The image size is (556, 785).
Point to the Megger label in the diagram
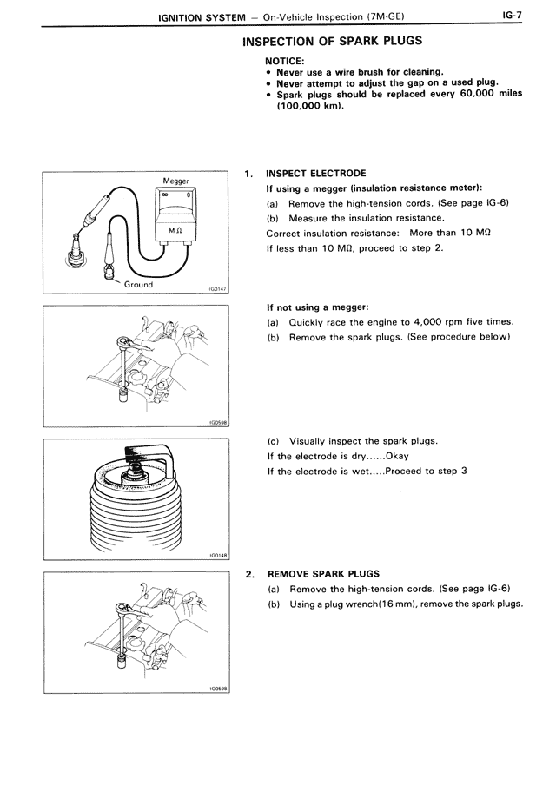tap(176, 181)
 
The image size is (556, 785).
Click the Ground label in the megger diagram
tap(137, 284)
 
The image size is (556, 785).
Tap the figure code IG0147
tap(216, 291)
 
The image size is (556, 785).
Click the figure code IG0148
tap(216, 557)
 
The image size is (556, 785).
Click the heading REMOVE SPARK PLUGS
tap(323, 574)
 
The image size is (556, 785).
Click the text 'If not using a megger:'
tap(317, 307)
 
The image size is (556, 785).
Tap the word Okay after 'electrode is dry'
tap(397, 456)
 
